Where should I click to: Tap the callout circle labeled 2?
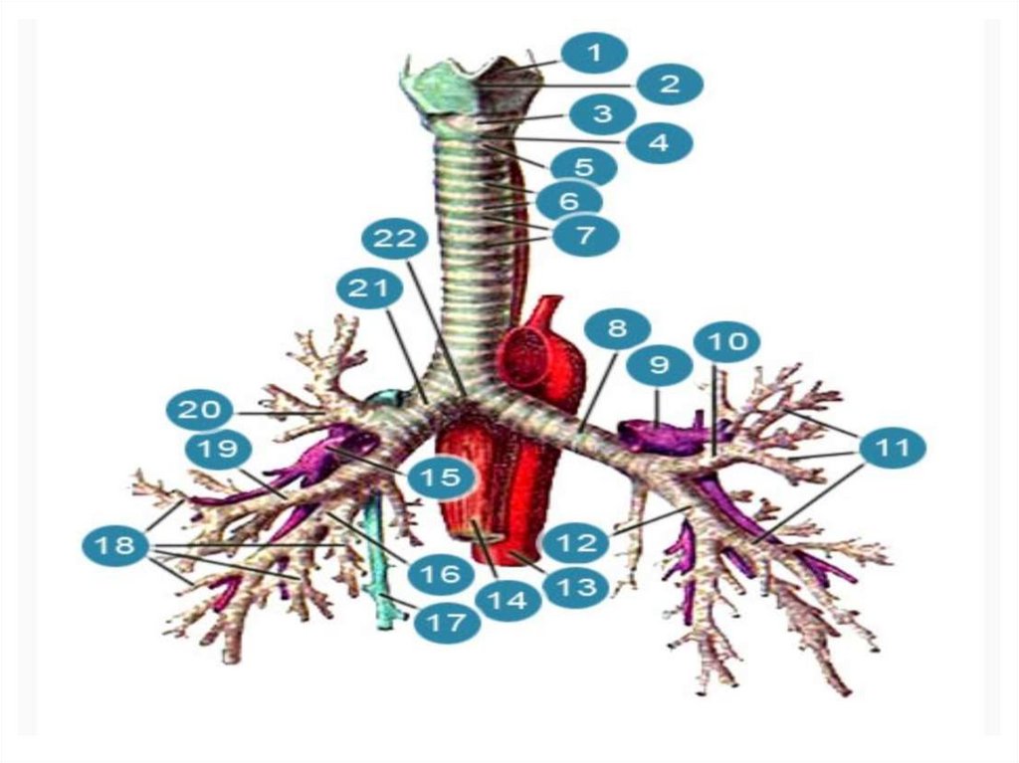coord(670,84)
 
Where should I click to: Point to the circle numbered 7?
coord(584,235)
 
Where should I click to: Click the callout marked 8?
coord(617,328)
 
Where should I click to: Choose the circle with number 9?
coord(659,366)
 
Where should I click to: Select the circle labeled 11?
coord(893,448)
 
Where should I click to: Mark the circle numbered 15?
coord(439,477)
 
